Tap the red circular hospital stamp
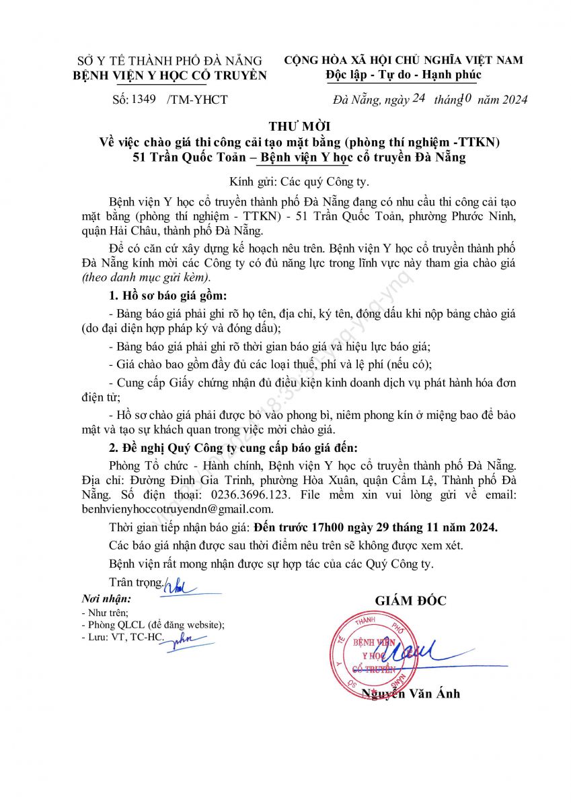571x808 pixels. click(x=374, y=652)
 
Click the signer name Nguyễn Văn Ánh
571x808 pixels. click(x=411, y=694)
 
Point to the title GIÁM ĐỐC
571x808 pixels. click(x=410, y=601)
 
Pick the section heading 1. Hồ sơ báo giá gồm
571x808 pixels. click(x=167, y=296)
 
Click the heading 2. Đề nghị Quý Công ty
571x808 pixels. click(x=233, y=447)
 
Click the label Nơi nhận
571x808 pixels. click(x=106, y=599)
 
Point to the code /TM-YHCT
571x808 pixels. click(x=197, y=100)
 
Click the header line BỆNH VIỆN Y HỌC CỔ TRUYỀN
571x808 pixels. click(x=169, y=75)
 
